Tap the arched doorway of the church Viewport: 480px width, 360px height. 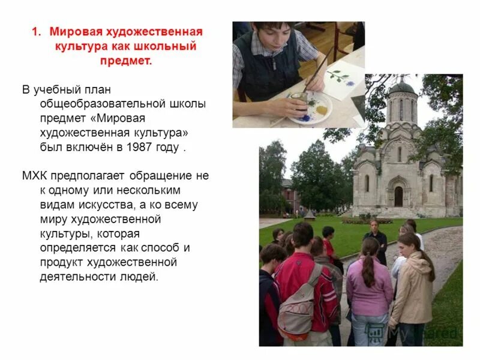(398, 196)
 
